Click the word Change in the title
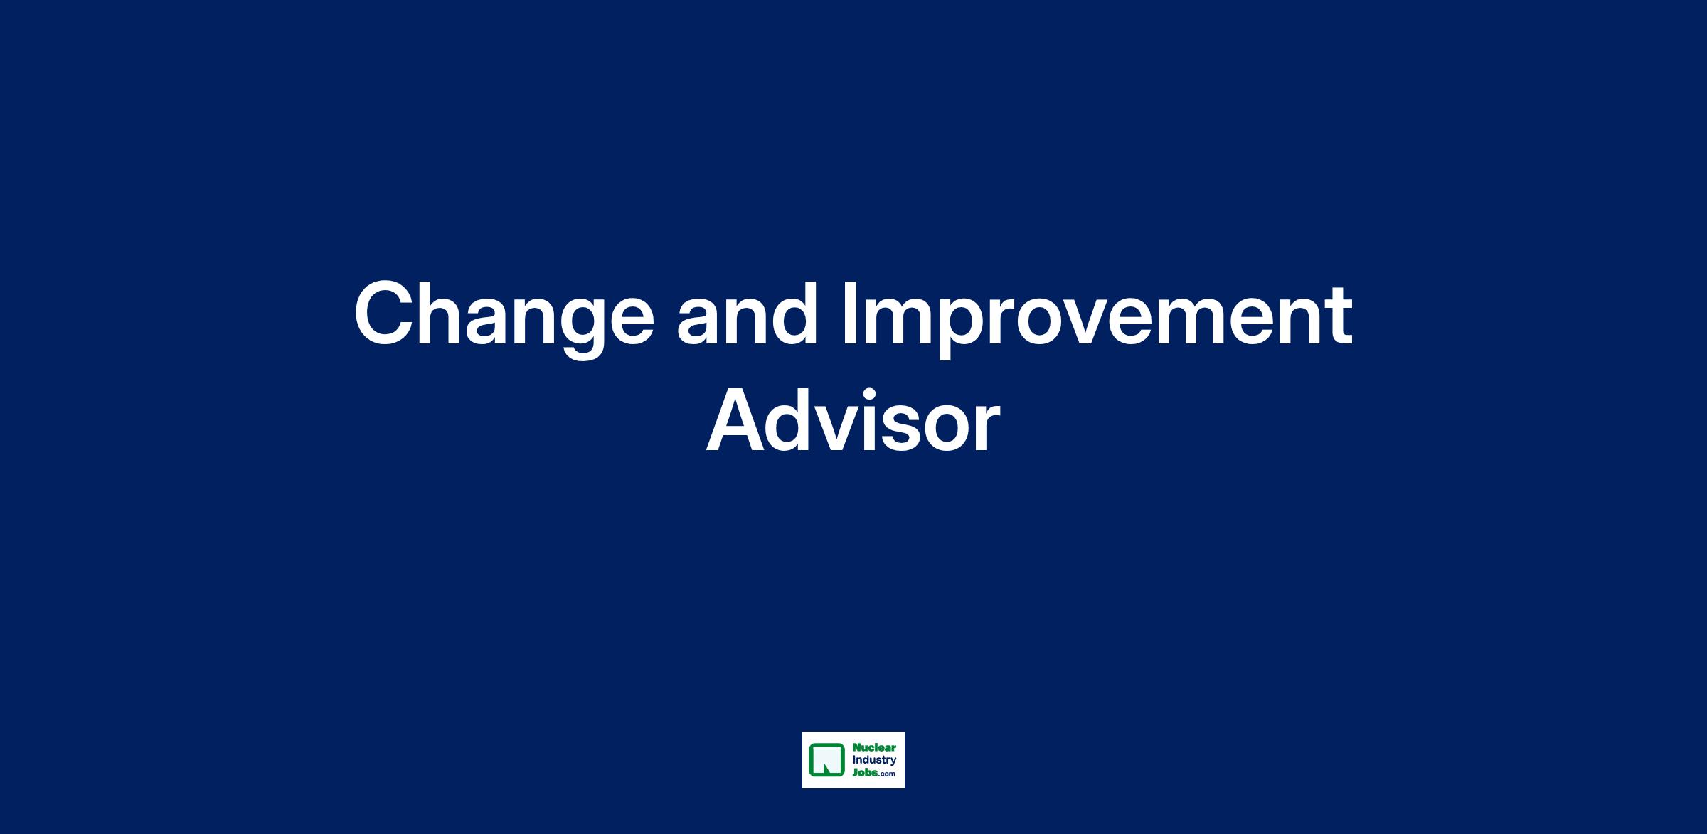[x=504, y=316]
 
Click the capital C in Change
[x=388, y=314]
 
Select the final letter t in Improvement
[x=1338, y=316]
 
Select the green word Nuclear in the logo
[x=874, y=748]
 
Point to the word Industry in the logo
[x=874, y=761]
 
